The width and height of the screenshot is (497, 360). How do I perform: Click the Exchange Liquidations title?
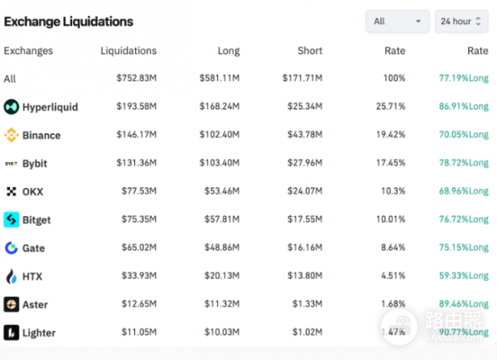point(69,21)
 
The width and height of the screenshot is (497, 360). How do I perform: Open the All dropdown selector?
point(397,21)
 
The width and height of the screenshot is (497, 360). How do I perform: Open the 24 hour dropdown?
point(461,21)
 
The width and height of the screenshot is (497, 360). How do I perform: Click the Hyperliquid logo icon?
point(12,107)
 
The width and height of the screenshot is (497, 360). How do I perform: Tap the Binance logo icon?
point(12,135)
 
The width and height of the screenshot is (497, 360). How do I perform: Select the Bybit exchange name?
point(36,163)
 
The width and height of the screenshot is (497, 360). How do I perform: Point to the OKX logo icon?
point(12,191)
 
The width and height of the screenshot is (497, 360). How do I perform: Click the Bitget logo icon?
point(12,219)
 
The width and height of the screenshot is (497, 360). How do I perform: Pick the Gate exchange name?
point(34,247)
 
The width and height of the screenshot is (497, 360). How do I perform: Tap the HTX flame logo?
point(12,276)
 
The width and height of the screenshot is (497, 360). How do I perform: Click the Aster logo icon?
point(12,305)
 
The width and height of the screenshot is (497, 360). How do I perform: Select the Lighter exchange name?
point(39,333)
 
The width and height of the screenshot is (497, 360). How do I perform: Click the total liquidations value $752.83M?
point(136,79)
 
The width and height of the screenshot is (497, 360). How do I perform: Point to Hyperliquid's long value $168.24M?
point(219,107)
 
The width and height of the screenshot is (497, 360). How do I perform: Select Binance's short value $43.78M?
point(302,135)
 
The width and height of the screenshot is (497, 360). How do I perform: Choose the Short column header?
point(310,50)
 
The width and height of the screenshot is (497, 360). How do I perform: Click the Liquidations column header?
point(128,50)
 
